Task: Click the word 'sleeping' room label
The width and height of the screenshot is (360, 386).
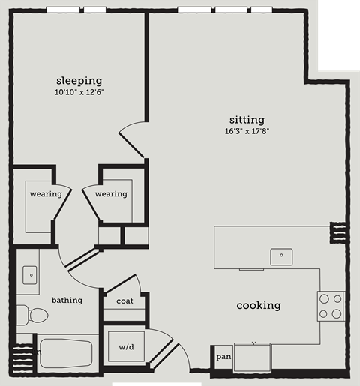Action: coord(79,80)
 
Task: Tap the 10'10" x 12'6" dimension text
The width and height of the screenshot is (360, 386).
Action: coord(79,92)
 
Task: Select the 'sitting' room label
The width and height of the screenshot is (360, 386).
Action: coord(247,120)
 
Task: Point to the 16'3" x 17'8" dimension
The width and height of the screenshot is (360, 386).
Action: coord(247,132)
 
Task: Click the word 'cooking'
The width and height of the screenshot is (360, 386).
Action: coord(259,305)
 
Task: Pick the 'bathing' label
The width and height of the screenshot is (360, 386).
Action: coord(67,300)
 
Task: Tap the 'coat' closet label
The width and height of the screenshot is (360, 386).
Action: coord(124,301)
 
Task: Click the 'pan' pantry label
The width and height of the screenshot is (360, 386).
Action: coord(223,357)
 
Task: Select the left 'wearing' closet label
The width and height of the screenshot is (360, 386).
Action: coord(45,194)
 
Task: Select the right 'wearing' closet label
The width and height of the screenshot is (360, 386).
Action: coord(111,194)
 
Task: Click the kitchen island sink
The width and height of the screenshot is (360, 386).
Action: coord(281,256)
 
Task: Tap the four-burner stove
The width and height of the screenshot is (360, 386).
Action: coord(330,305)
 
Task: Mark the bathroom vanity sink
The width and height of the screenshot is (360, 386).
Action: coord(30,274)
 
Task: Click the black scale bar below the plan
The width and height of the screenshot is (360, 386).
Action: coord(157,383)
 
